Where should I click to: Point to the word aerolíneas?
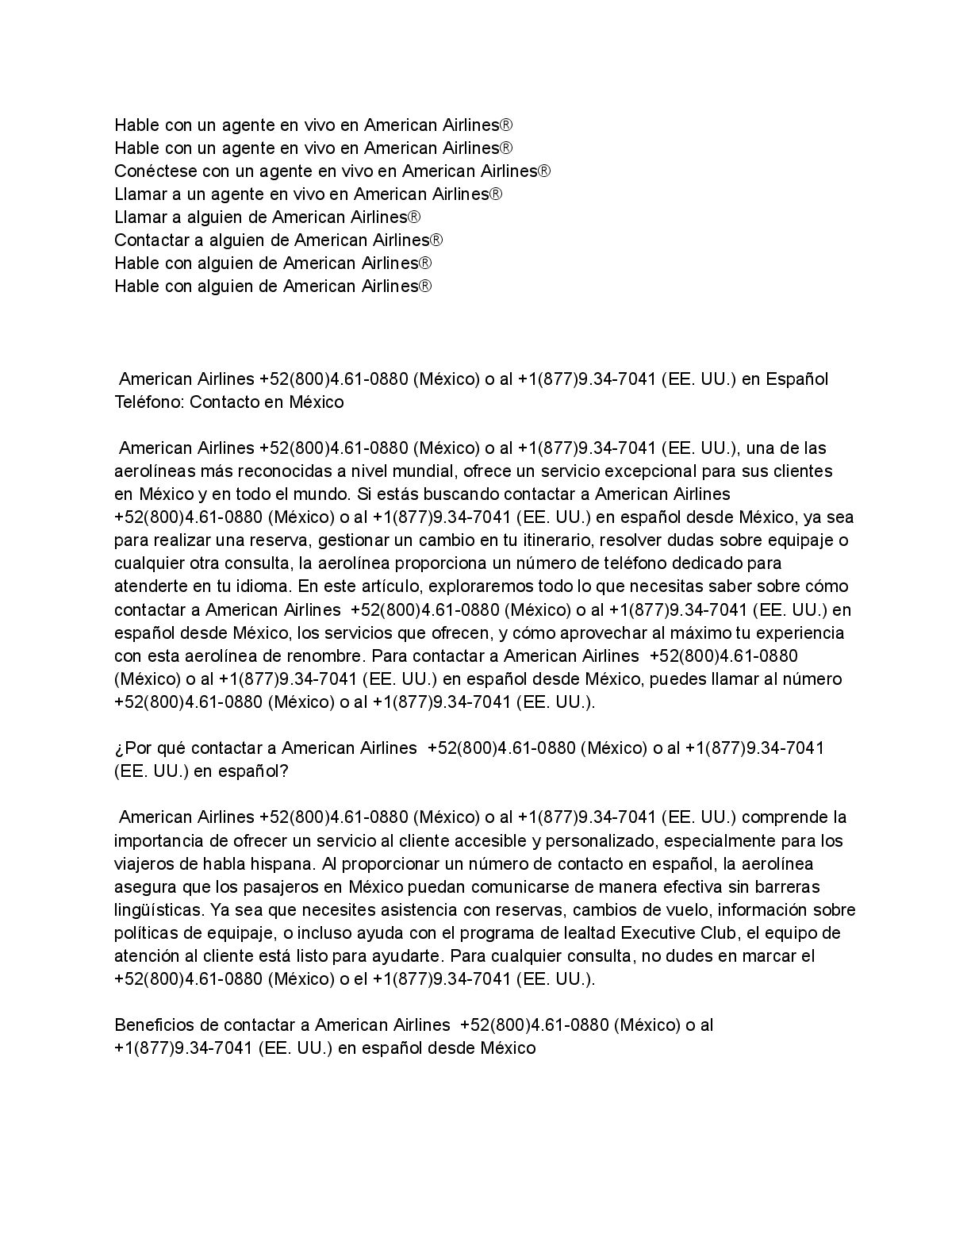154,471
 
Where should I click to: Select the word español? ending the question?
253,771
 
